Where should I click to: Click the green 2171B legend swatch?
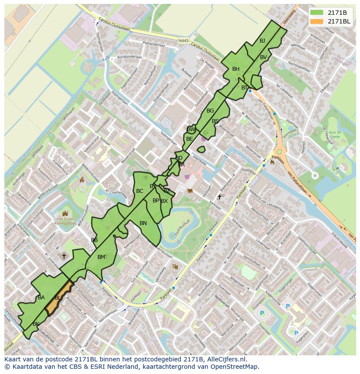(x=317, y=12)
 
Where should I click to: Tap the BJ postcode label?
(x=262, y=41)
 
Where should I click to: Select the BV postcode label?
(x=263, y=57)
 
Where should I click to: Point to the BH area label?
(x=236, y=69)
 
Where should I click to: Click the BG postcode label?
(x=210, y=111)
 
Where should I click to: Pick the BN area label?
(x=143, y=223)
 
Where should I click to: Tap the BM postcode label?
(x=101, y=257)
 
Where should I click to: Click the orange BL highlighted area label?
(x=58, y=298)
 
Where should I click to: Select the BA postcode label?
(x=41, y=298)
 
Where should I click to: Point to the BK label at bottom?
(x=36, y=324)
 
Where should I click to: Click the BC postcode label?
(x=140, y=191)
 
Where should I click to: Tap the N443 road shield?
(x=183, y=41)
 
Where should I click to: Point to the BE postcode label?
(x=189, y=139)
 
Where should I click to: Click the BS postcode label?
(x=215, y=121)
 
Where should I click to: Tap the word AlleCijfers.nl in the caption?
(x=225, y=359)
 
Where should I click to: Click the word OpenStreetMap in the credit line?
(x=237, y=367)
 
